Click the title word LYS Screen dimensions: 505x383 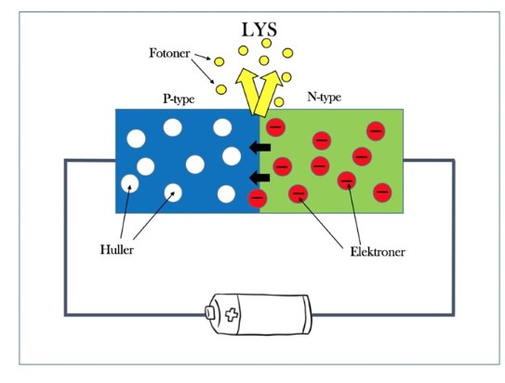(259, 30)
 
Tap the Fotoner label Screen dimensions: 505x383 (169, 53)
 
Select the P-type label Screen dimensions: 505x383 (179, 99)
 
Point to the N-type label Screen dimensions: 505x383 (324, 97)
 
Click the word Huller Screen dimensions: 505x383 (116, 250)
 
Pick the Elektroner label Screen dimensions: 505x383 (378, 252)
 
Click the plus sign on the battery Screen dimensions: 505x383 (232, 314)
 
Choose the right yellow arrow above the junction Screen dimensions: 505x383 (266, 93)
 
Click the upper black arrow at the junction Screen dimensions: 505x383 (259, 148)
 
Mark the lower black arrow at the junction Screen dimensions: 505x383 (259, 178)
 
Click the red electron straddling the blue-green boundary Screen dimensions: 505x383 (258, 198)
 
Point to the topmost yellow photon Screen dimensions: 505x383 (266, 43)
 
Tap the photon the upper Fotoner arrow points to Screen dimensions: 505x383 (219, 61)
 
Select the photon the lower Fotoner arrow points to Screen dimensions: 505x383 (221, 89)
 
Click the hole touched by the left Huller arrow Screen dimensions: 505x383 (130, 183)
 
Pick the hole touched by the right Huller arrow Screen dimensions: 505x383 (173, 192)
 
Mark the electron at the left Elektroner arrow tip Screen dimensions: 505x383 (299, 194)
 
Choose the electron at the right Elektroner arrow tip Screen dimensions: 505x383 (347, 180)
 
